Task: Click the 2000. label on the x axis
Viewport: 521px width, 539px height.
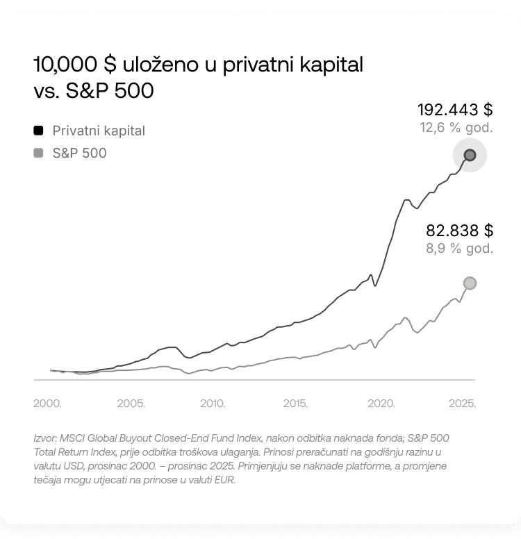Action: (x=47, y=404)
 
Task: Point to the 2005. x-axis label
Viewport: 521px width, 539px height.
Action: (x=131, y=404)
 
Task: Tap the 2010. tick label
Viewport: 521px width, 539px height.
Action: (x=213, y=404)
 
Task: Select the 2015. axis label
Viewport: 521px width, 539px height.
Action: (x=295, y=404)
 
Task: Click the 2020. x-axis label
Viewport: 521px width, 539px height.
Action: (x=381, y=404)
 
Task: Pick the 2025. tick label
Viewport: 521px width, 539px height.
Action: (x=462, y=404)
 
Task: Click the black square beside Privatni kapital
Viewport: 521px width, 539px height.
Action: (x=38, y=131)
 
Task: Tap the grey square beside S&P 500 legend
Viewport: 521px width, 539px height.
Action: (x=38, y=153)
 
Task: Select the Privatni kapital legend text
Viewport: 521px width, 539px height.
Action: (x=99, y=131)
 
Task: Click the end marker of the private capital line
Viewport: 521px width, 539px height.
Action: (x=470, y=156)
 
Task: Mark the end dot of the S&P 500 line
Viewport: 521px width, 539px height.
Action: (x=470, y=283)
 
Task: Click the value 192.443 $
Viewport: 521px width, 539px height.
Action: (x=455, y=110)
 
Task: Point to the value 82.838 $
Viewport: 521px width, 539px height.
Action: (x=459, y=231)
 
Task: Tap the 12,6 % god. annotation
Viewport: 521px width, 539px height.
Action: (x=456, y=128)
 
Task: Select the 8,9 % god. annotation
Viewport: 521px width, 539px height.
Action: (x=459, y=248)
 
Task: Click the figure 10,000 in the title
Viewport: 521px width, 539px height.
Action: (x=65, y=65)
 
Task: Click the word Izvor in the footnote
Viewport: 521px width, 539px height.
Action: (x=45, y=438)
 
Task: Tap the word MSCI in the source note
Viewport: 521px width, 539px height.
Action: (x=72, y=438)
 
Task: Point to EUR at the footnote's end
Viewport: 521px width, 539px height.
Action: (x=224, y=480)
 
